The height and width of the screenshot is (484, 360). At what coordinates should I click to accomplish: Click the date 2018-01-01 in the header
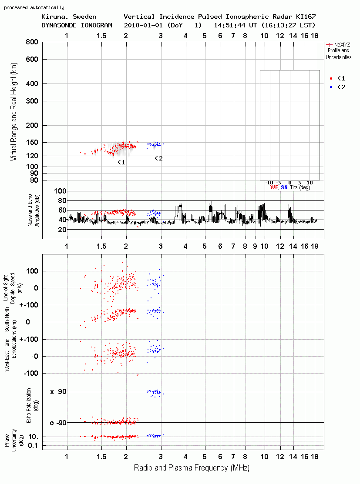coord(143,25)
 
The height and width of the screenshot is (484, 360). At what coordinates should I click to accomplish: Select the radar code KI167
coord(306,17)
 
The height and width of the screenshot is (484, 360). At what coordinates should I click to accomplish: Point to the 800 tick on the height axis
coord(32,42)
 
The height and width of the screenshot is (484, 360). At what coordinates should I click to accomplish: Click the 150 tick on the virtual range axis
coord(32,143)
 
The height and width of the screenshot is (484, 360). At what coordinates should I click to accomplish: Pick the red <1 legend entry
coord(337,78)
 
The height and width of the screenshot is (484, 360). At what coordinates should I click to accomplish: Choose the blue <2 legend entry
coord(337,87)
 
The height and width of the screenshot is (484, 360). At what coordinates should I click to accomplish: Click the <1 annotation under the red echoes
coord(121,162)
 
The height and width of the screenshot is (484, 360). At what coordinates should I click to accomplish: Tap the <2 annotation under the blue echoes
coord(158,158)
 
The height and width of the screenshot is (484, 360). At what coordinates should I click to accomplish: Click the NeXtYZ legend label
coord(342,45)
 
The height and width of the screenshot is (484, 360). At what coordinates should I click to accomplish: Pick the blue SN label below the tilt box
coord(284,187)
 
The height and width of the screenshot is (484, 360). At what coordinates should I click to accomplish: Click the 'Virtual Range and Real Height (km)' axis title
coord(13,112)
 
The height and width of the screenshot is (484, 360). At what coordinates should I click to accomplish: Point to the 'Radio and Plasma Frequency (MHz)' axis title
coord(192,468)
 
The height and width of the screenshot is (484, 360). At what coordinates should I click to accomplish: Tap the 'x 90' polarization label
coord(58,392)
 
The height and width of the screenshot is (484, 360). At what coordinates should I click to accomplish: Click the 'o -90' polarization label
coord(58,423)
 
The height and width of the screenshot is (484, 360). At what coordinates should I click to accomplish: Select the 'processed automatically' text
coord(34,7)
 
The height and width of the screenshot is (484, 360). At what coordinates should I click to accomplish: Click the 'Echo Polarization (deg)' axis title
coord(33,406)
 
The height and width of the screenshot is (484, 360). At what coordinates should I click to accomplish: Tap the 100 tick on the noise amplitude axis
coord(60,191)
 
